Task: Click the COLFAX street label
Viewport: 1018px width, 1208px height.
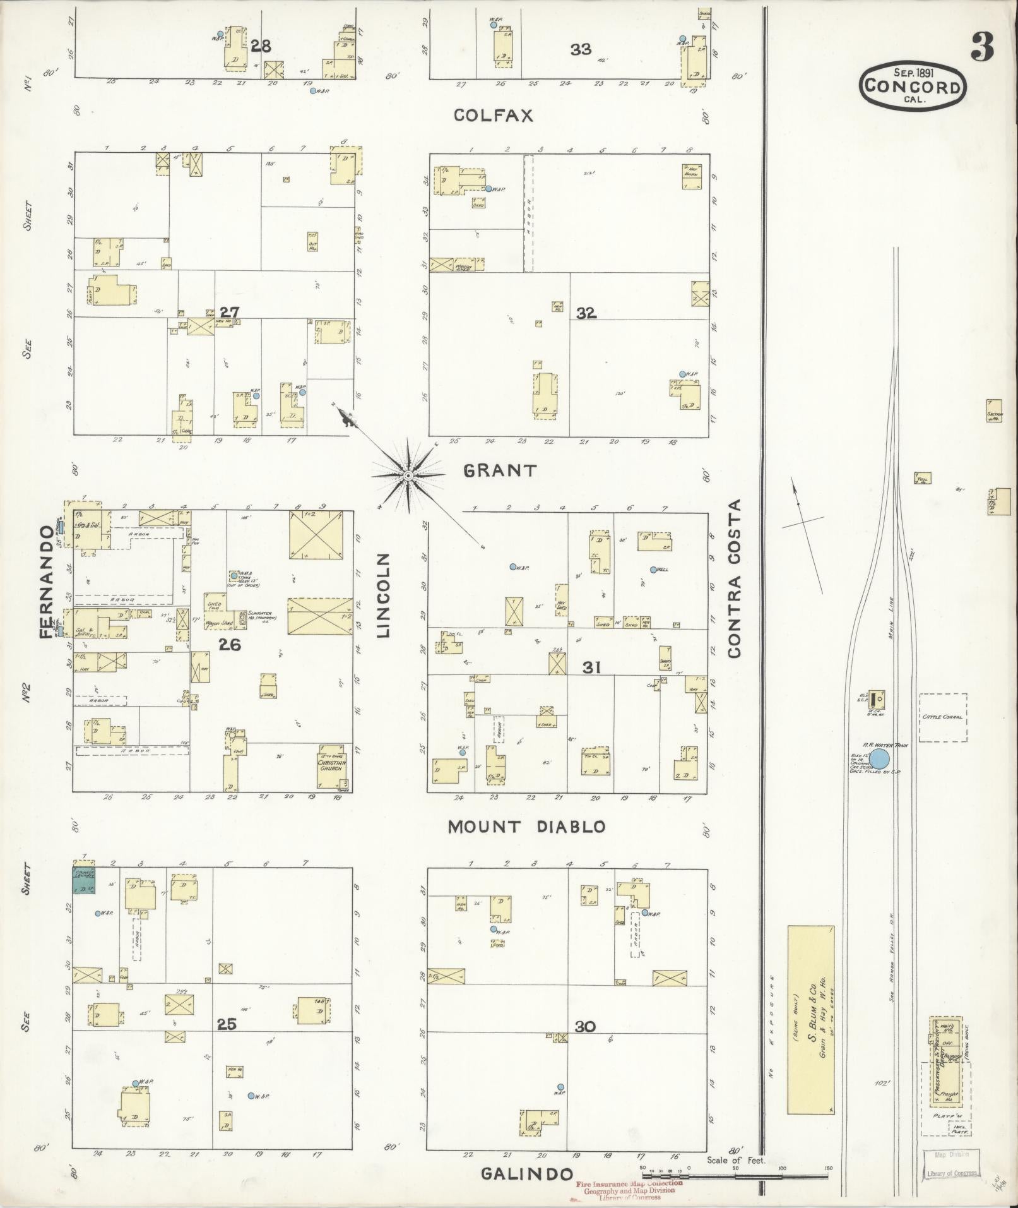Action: pos(494,116)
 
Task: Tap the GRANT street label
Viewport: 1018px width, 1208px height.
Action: pos(500,470)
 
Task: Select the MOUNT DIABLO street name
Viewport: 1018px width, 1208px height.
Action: pos(526,827)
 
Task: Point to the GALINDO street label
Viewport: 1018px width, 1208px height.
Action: pos(527,1173)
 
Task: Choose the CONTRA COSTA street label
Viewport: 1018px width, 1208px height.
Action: pos(733,578)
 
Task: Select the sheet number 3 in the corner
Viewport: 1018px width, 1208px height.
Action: pos(982,45)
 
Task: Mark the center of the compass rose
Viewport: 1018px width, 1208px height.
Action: pos(408,475)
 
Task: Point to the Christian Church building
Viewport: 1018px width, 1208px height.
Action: pos(334,766)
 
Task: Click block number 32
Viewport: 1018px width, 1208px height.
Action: pos(586,313)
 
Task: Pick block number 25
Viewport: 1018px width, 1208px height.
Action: pos(227,1024)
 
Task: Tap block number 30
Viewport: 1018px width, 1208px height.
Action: pos(585,1027)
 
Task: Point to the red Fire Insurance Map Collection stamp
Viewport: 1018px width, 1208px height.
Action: pos(628,1189)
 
